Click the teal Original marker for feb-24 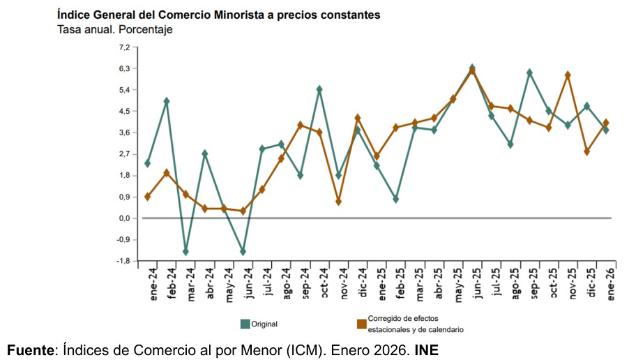tap(167, 101)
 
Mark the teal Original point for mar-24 tap(185, 251)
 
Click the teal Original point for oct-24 tap(319, 89)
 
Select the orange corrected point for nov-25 tap(568, 75)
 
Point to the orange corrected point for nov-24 tap(338, 202)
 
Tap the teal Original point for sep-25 tap(530, 73)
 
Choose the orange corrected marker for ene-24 tap(147, 197)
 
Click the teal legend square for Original tap(245, 324)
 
